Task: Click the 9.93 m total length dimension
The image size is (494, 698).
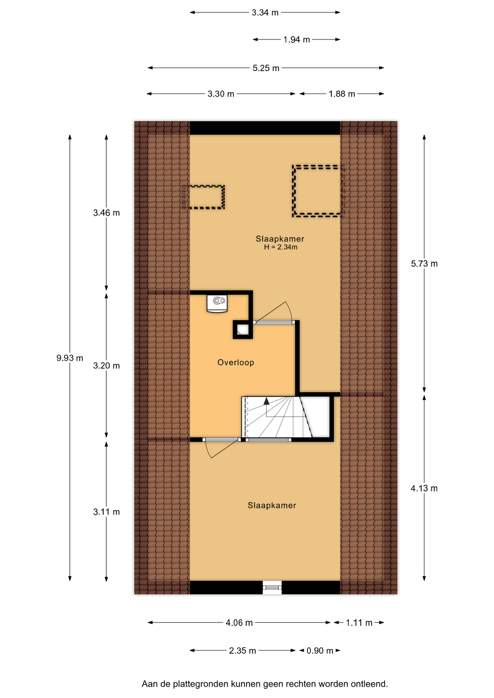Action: (x=69, y=358)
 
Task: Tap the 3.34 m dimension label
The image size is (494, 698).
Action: (x=265, y=13)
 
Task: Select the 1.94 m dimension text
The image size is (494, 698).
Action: (x=296, y=40)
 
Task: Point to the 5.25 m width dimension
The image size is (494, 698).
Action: (x=266, y=68)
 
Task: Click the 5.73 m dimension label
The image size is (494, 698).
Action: (x=424, y=264)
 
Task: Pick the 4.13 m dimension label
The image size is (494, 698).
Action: (x=424, y=488)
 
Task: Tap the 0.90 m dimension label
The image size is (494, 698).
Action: (x=320, y=651)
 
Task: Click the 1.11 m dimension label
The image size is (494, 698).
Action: (x=359, y=623)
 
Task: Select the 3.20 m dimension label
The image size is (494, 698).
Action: (x=106, y=366)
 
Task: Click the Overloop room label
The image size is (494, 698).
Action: (x=236, y=362)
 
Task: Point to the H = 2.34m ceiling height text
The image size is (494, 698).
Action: (x=280, y=247)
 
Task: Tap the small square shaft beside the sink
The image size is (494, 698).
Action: (x=243, y=330)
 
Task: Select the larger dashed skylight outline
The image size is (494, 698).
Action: (x=318, y=191)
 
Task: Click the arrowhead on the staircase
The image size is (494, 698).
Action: (x=266, y=401)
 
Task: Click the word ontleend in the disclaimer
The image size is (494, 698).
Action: (x=369, y=684)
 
